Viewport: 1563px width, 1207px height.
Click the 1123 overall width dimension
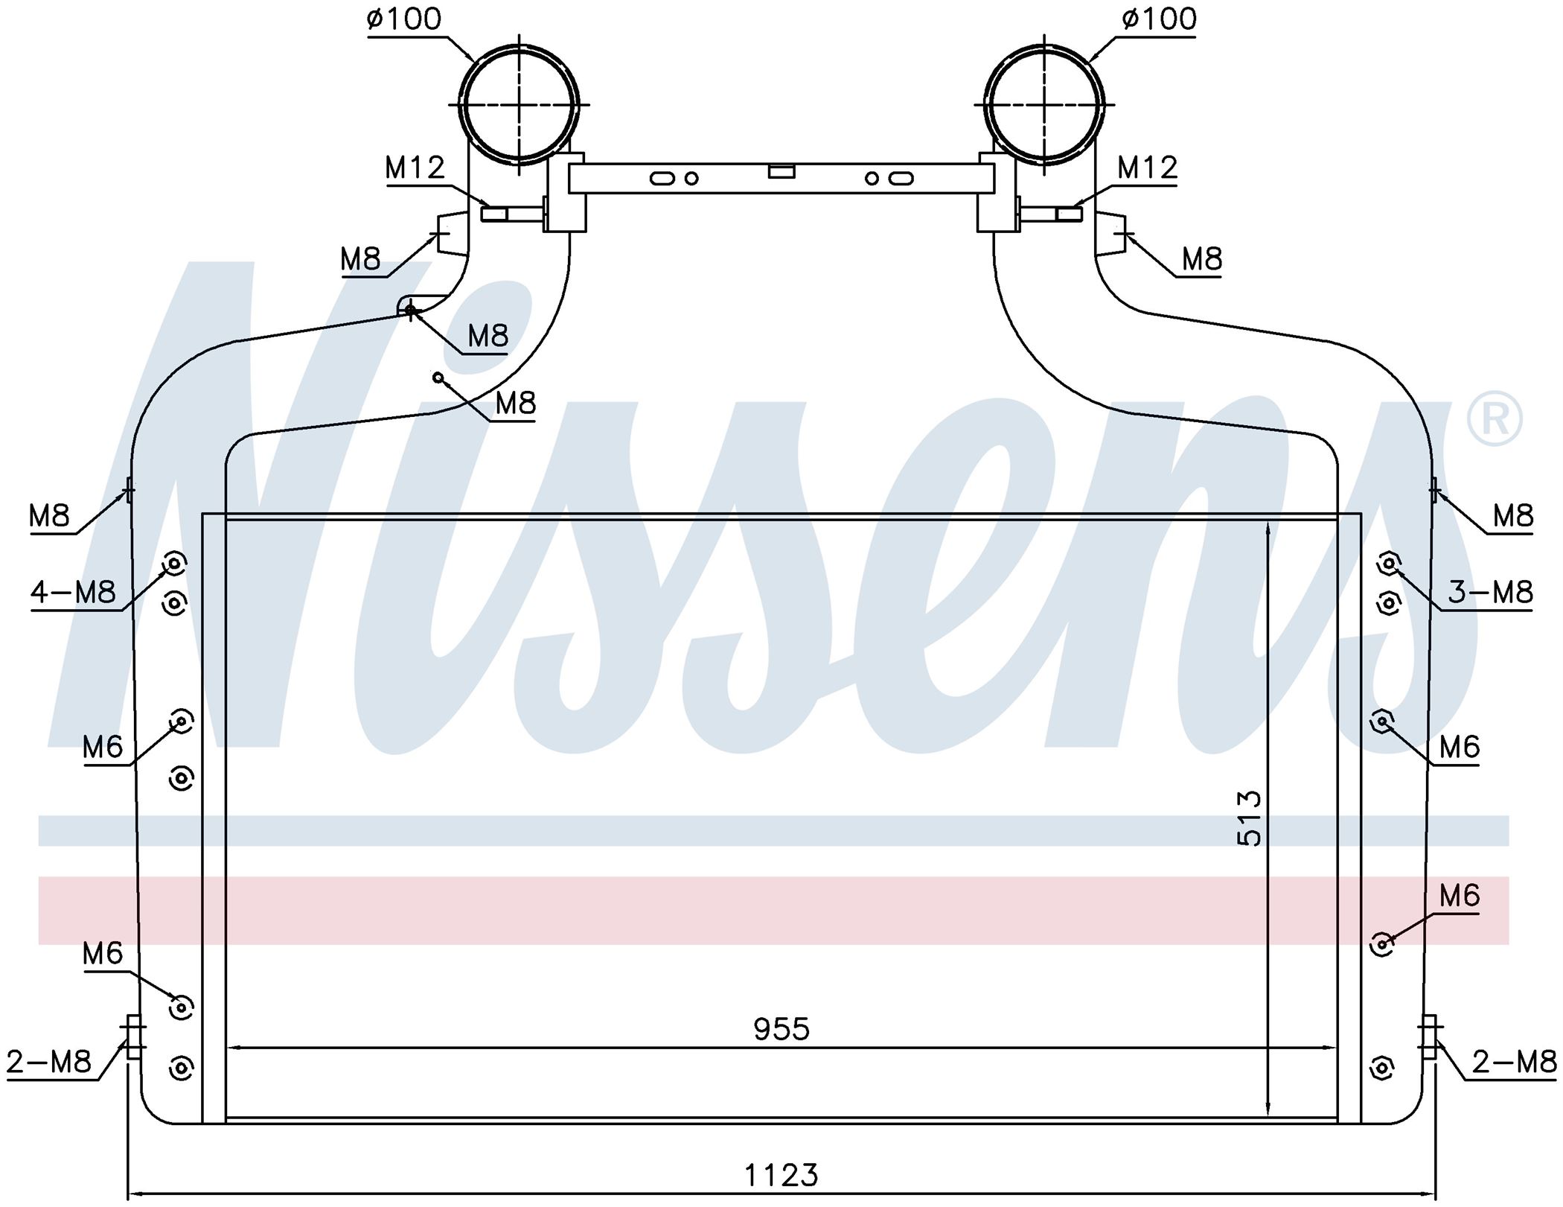click(x=781, y=1176)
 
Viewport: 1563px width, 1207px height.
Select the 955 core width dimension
click(x=781, y=1029)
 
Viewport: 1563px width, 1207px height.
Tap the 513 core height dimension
click(x=1250, y=818)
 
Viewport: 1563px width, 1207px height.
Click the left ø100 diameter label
click(x=404, y=19)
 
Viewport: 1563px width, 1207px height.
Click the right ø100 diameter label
click(x=1159, y=19)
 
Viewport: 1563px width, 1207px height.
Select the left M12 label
click(x=415, y=168)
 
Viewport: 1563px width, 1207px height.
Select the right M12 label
click(x=1148, y=168)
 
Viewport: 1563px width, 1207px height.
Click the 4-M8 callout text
click(x=73, y=593)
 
